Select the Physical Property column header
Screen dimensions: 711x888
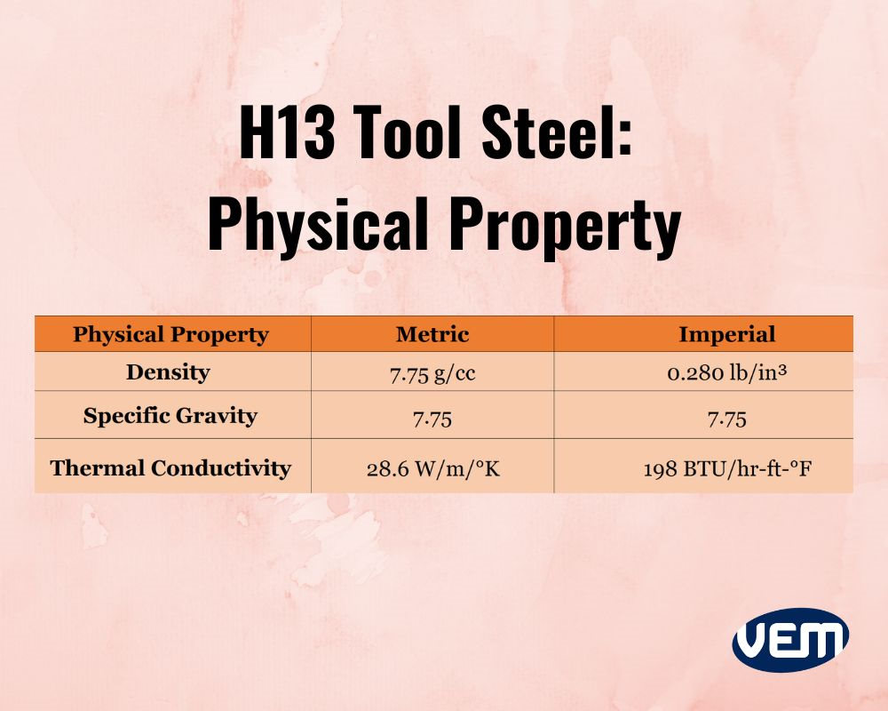click(170, 334)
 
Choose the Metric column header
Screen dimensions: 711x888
click(432, 334)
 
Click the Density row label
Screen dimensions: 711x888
click(168, 372)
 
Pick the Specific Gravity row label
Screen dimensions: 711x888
click(170, 416)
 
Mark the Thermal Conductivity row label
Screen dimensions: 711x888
click(170, 467)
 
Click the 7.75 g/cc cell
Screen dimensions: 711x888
click(432, 373)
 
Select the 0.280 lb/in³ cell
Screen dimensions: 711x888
click(727, 373)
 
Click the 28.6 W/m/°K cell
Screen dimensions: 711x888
click(432, 468)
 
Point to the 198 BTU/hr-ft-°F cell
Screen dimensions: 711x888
click(727, 468)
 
